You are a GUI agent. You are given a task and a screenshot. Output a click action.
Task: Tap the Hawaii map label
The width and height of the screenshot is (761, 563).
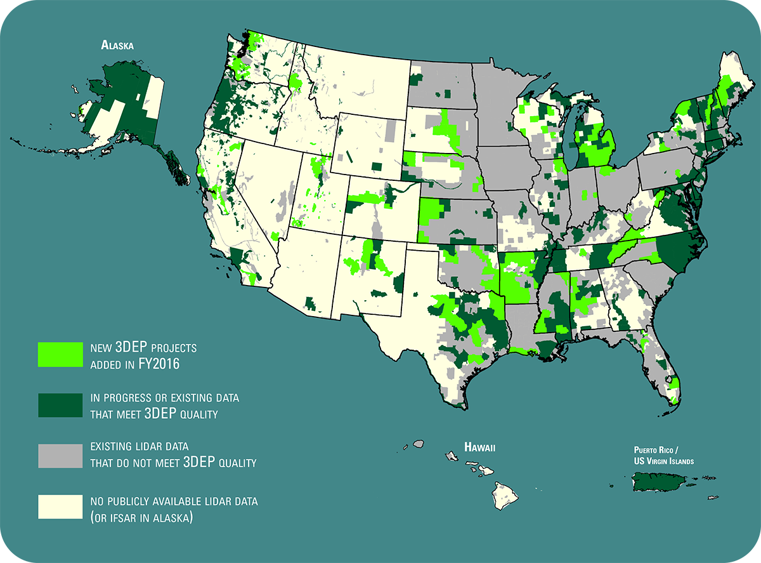479,447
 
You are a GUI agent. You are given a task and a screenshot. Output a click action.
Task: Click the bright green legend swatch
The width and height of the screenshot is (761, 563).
60,354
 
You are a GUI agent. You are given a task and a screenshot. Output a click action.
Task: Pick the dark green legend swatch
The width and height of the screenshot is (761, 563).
60,405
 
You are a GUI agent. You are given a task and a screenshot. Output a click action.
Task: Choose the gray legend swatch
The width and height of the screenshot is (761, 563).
60,456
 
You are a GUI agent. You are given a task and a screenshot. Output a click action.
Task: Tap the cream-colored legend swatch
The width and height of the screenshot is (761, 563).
60,507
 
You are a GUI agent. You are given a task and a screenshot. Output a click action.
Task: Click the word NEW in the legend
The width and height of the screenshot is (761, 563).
101,348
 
